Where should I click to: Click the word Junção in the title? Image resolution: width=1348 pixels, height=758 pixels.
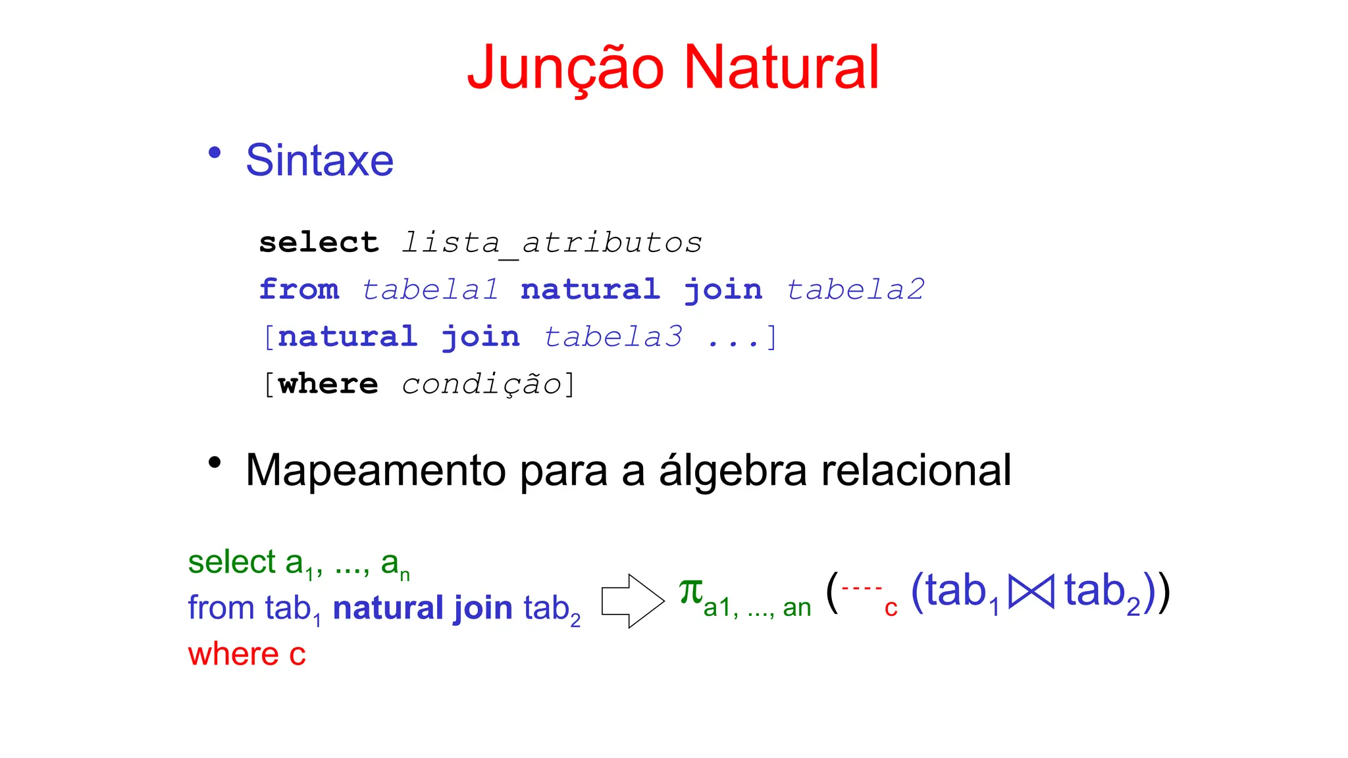(565, 68)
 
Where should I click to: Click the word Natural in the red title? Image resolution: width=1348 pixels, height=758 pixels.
(781, 68)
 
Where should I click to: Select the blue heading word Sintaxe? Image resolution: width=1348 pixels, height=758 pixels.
(319, 161)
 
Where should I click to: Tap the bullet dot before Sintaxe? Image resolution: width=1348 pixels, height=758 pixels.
(214, 153)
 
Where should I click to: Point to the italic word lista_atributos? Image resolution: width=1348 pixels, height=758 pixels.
(552, 243)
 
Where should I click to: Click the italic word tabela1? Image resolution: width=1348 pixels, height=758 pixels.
(430, 290)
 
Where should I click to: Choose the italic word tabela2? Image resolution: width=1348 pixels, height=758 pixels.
(856, 290)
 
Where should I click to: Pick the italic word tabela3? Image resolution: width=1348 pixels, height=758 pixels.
(613, 338)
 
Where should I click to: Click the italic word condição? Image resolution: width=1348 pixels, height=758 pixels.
(481, 385)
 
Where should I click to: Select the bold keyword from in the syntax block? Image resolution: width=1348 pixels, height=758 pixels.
(299, 290)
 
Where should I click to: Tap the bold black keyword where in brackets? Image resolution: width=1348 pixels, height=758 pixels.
(328, 385)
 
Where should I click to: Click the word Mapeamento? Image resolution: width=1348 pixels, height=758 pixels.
(376, 471)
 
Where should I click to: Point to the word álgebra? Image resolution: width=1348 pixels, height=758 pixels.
(733, 471)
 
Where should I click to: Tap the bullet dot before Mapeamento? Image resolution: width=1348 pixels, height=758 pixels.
(214, 463)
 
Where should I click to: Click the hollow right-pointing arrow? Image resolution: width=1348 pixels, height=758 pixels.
(633, 601)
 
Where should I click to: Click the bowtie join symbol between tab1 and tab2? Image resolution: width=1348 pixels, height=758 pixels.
(1031, 591)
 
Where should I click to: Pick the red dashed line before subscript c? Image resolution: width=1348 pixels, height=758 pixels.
(862, 588)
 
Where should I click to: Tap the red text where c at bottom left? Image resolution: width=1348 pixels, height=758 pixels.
(247, 655)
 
